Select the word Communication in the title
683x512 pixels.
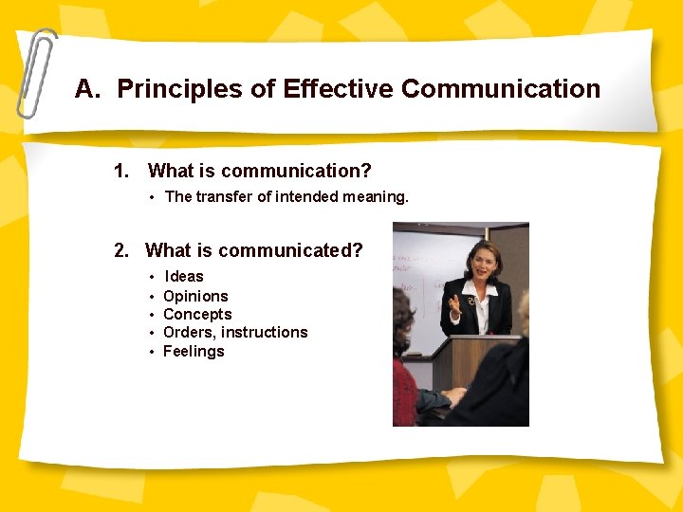pos(501,89)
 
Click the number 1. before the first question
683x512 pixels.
pos(121,172)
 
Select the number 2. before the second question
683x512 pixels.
pos(121,250)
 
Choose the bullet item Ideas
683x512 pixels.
pos(184,277)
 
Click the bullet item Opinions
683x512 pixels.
pos(195,296)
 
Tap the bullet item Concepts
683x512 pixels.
pos(197,314)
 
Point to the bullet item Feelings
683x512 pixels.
pos(194,351)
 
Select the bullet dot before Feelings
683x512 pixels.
pos(152,352)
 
